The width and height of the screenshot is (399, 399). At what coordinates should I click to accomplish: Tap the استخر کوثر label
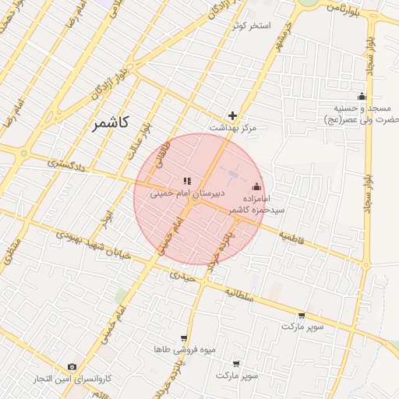click(x=251, y=26)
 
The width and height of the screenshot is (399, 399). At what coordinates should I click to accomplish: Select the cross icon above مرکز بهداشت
click(x=231, y=115)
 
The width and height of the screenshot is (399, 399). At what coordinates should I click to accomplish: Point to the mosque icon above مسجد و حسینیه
click(x=362, y=96)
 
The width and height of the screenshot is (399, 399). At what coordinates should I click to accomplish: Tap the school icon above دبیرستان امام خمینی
click(x=187, y=181)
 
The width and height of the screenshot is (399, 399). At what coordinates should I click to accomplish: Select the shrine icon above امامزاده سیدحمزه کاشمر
click(x=257, y=186)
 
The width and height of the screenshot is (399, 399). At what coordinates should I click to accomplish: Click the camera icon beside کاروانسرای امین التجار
click(x=72, y=366)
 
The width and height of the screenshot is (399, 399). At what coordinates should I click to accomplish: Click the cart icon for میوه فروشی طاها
click(x=183, y=338)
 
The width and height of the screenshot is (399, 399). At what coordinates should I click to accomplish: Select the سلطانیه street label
click(x=241, y=293)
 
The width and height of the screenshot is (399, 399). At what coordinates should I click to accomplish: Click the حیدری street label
click(x=184, y=274)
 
